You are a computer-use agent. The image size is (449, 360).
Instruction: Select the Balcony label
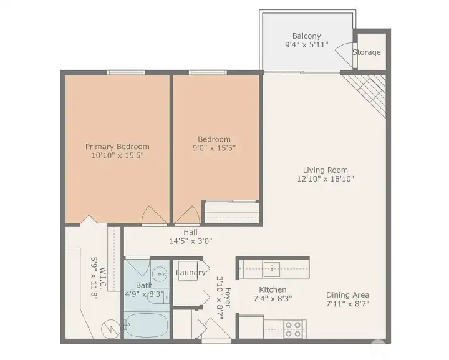(307, 36)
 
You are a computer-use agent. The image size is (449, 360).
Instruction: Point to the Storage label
(366, 52)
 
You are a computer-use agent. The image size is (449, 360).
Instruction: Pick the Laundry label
(191, 273)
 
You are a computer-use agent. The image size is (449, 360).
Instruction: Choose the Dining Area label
(347, 295)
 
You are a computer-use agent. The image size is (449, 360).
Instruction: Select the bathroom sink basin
(160, 273)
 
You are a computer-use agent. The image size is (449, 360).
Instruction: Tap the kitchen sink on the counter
(271, 269)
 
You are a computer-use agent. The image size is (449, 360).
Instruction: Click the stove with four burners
(294, 328)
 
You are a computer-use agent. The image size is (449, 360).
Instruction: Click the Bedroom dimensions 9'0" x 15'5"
(214, 148)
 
